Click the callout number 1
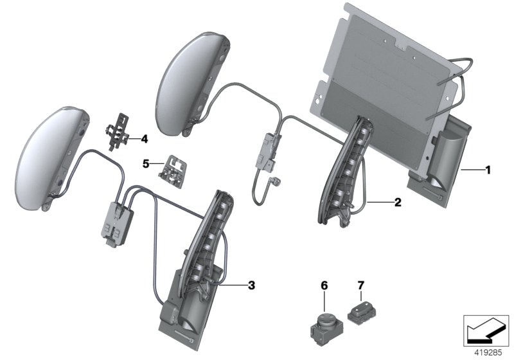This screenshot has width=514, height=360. coord(488,170)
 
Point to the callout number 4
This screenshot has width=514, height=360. coord(145,138)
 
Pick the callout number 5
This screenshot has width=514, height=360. coord(145,164)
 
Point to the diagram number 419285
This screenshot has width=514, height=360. coord(487,352)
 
